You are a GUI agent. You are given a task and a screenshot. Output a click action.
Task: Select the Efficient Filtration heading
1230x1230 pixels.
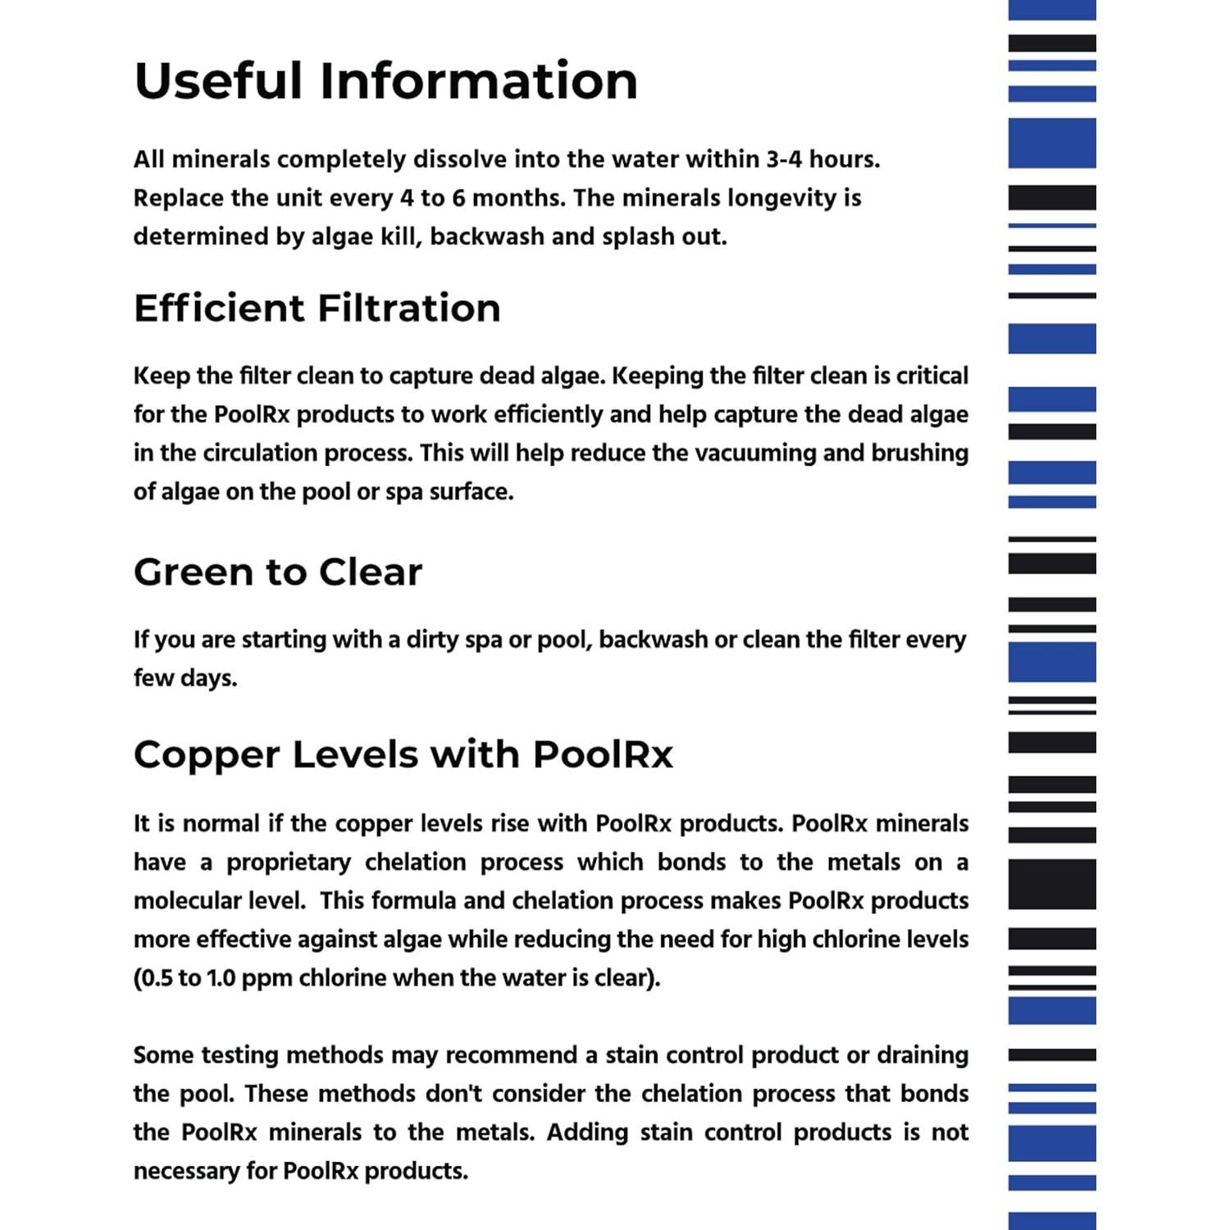click(x=317, y=308)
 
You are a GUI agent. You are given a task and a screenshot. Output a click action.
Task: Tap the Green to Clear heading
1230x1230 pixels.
click(x=277, y=572)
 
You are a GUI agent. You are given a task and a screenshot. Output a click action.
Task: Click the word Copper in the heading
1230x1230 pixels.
click(x=206, y=754)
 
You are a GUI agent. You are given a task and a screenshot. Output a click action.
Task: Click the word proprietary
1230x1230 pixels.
click(x=289, y=862)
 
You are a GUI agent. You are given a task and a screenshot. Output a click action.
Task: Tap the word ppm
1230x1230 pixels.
click(x=266, y=977)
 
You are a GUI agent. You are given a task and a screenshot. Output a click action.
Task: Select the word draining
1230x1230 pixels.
click(x=922, y=1055)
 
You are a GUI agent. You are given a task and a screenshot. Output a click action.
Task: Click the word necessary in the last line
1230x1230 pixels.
click(x=185, y=1170)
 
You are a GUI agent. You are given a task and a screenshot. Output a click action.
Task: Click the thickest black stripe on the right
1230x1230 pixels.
click(x=1052, y=884)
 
